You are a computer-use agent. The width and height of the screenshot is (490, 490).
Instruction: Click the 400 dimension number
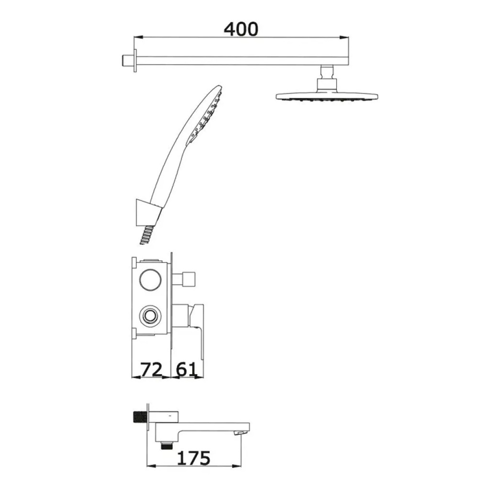[x=241, y=29]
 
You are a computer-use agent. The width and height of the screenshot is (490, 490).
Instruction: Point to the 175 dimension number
[x=194, y=458]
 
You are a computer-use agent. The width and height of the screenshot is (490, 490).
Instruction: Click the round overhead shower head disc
[x=327, y=96]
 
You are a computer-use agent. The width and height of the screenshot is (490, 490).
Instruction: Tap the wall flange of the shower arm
[x=135, y=61]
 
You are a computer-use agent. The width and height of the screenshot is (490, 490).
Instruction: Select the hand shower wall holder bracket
[x=146, y=212]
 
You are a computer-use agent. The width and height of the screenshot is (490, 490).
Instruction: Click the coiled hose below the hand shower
[x=147, y=235]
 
